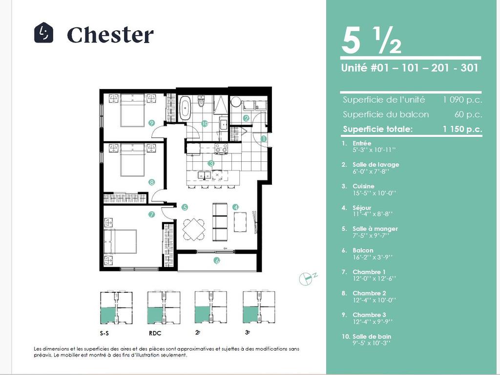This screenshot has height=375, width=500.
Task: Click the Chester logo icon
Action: pyautogui.click(x=43, y=33)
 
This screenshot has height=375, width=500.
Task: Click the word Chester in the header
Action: pyautogui.click(x=110, y=35)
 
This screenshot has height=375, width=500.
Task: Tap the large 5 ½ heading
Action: pyautogui.click(x=371, y=42)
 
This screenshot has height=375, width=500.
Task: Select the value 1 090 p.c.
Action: pyautogui.click(x=462, y=100)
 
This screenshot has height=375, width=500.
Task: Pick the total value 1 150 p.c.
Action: pyautogui.click(x=462, y=129)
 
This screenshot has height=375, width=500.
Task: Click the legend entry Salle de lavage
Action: pyautogui.click(x=375, y=165)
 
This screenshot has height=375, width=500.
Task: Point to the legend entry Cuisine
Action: pyautogui.click(x=363, y=186)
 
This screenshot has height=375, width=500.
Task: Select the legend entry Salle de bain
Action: pyautogui.click(x=371, y=336)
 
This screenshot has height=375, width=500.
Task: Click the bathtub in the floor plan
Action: pyautogui.click(x=185, y=108)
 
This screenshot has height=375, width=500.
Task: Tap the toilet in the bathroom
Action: pyautogui.click(x=201, y=103)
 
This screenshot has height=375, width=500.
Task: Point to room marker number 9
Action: pyautogui.click(x=152, y=123)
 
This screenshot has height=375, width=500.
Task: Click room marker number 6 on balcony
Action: pyautogui.click(x=217, y=261)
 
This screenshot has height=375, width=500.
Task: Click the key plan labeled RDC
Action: pyautogui.click(x=164, y=308)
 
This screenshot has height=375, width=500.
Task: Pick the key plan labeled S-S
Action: pyautogui.click(x=116, y=308)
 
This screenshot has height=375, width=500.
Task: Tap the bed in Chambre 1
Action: pyautogui.click(x=123, y=240)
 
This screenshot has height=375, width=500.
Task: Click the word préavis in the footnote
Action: pyautogui.click(x=42, y=355)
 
